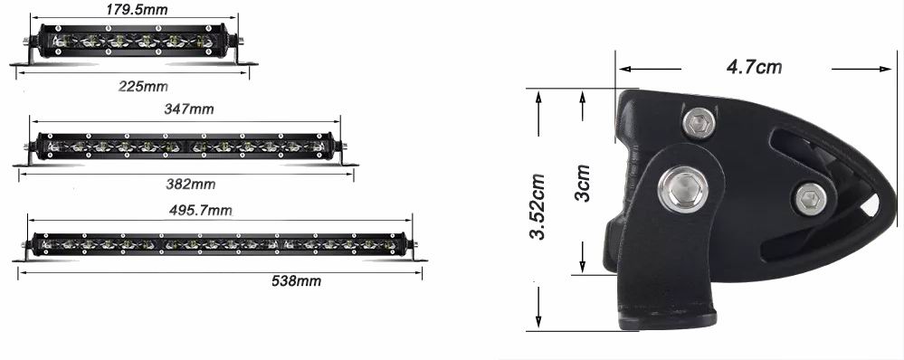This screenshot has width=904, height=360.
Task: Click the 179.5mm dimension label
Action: click(137, 9)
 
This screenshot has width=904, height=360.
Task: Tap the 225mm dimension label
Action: click(143, 87)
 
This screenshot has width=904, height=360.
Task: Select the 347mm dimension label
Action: click(188, 109)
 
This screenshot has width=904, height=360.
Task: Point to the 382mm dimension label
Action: click(190, 185)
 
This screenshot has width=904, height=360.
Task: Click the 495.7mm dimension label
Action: click(200, 210)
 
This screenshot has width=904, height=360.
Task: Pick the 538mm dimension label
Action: click(296, 281)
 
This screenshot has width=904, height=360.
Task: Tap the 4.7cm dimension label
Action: click(754, 67)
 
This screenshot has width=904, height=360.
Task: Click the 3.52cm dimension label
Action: click(538, 206)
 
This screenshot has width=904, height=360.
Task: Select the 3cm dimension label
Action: click(582, 184)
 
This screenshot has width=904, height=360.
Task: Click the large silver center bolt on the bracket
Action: click(683, 190)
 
